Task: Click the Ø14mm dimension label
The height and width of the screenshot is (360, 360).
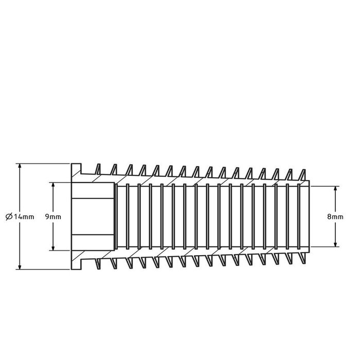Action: [20, 217]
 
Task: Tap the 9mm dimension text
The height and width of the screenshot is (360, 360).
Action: [53, 217]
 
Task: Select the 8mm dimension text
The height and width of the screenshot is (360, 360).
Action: [335, 217]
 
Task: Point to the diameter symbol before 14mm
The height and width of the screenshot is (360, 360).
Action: [9, 217]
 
